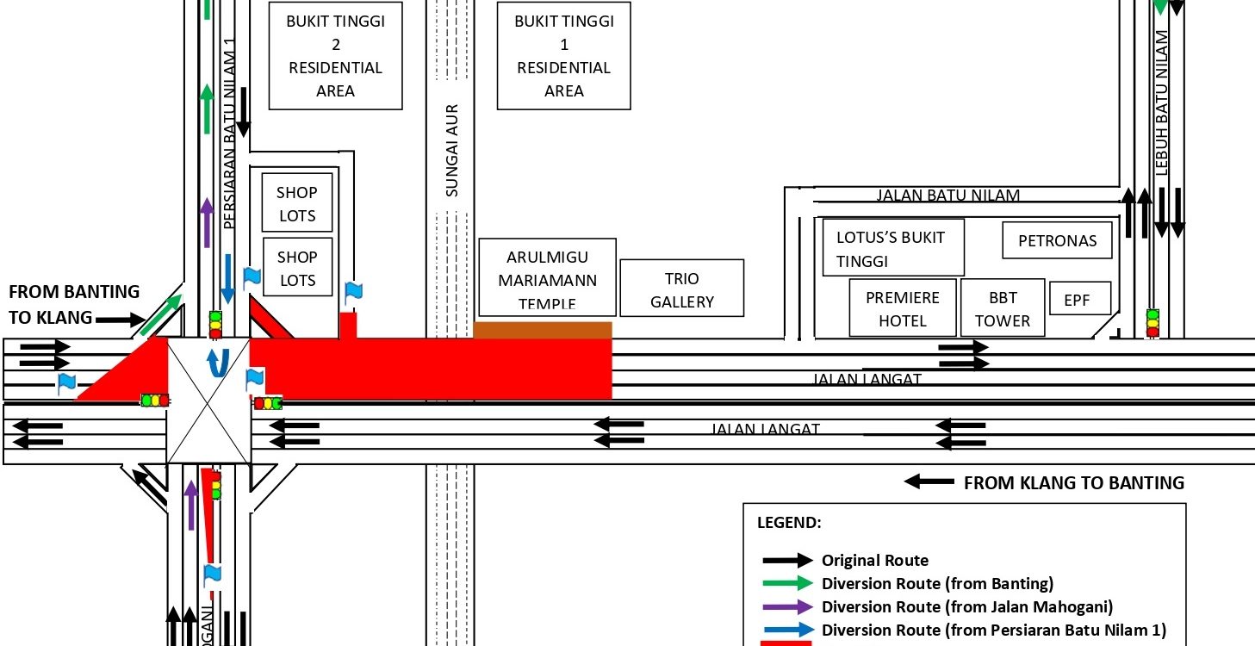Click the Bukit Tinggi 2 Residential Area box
tap(336, 56)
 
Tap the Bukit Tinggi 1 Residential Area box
tap(564, 56)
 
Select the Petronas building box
tap(1058, 240)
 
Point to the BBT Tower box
tap(1003, 308)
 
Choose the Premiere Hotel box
tap(903, 308)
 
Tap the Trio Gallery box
tap(682, 290)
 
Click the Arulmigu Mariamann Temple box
tap(547, 278)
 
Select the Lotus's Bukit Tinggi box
tap(892, 248)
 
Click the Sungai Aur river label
tap(451, 151)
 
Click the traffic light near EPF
tap(1152, 322)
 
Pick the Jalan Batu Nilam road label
tap(947, 196)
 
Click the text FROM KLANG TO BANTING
tap(1073, 482)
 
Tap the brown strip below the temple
tap(543, 330)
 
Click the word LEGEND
tap(789, 522)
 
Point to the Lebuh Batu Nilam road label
tap(1162, 103)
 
